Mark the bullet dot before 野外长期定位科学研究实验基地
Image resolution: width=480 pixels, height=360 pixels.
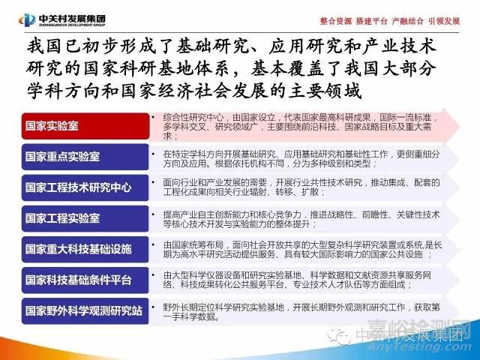click(154, 307)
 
